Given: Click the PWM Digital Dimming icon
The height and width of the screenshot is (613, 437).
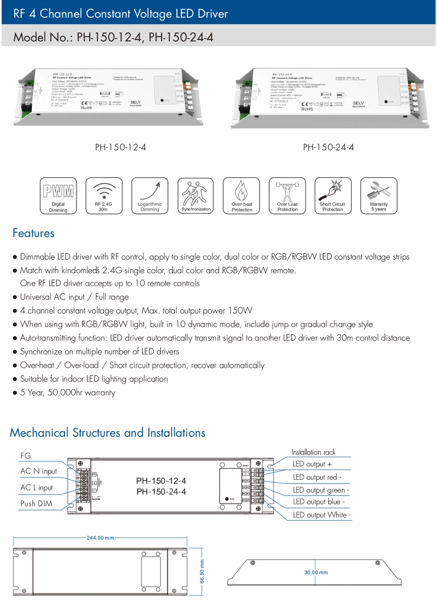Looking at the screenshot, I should [x=58, y=196].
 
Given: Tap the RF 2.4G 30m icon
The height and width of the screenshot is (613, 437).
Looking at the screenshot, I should [x=104, y=196].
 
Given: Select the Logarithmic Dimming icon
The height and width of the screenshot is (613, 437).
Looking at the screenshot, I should [x=150, y=196].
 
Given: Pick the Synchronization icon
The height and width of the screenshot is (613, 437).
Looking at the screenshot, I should [x=196, y=196].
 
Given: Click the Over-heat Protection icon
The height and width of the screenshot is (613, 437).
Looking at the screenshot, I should [x=241, y=196].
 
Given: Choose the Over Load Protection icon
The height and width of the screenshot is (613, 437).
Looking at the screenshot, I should [x=287, y=196].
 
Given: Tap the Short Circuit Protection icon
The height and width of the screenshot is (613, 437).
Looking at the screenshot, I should [x=333, y=196].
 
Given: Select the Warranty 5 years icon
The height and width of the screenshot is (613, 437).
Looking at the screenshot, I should [x=379, y=196].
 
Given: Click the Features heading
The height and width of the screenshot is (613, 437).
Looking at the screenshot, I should [x=34, y=233].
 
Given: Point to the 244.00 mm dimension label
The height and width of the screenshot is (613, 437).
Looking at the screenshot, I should [x=100, y=538].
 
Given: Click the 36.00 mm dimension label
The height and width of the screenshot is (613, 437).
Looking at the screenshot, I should [x=316, y=573].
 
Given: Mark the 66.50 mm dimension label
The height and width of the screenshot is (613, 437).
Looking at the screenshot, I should [x=202, y=572].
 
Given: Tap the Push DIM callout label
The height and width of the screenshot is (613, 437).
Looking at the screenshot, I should [x=37, y=504].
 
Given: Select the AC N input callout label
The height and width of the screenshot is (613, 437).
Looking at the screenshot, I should [x=39, y=471].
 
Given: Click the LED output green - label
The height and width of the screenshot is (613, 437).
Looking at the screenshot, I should [x=321, y=490].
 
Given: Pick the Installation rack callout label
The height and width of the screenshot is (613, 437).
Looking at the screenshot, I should [x=314, y=453].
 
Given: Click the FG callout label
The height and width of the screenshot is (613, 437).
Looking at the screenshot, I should [x=26, y=456].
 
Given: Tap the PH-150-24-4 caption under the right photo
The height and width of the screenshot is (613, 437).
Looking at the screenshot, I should [x=329, y=148].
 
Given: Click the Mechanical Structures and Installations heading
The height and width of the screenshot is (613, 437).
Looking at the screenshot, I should [x=108, y=433].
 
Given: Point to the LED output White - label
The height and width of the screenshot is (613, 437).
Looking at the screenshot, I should [x=322, y=515].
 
